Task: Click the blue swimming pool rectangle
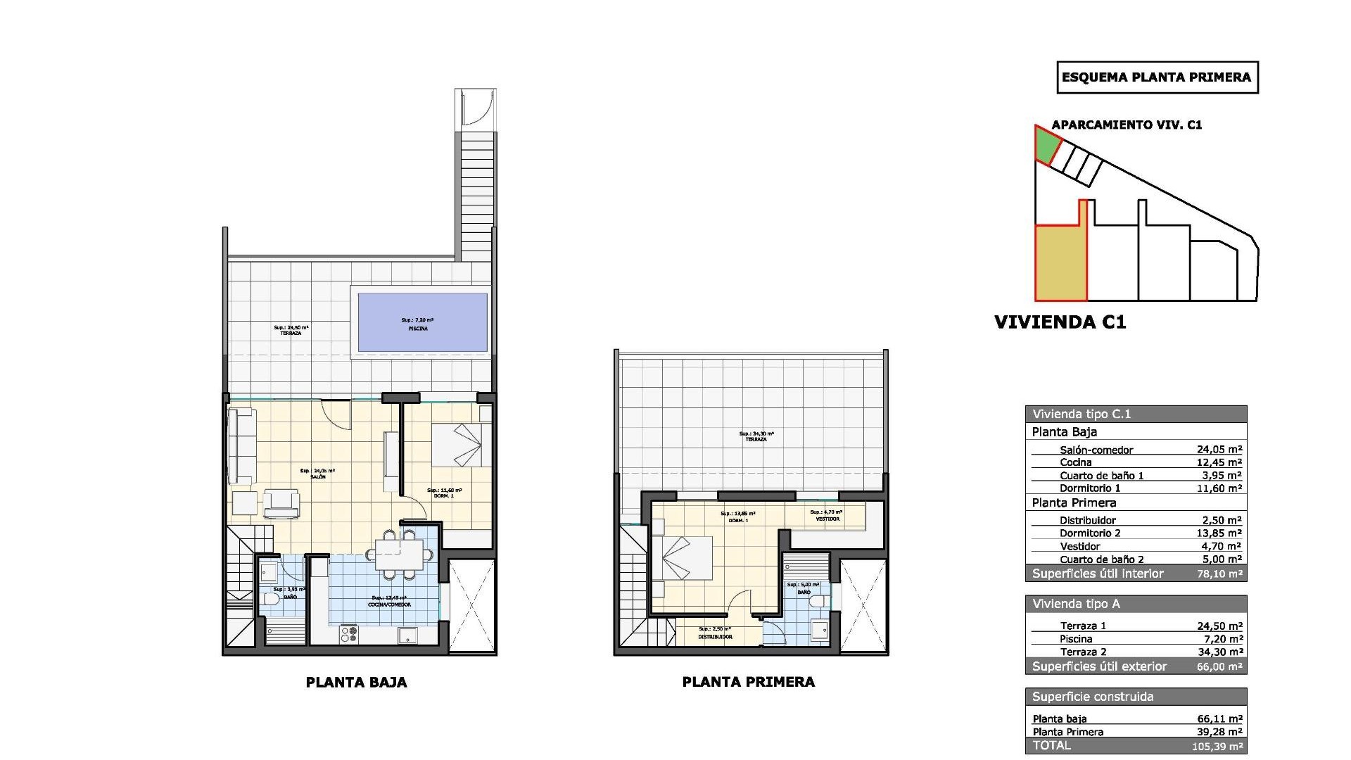point(422,322)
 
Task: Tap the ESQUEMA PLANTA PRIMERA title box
point(1157,78)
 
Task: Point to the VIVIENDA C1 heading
point(1060,322)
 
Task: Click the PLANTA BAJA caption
point(356,682)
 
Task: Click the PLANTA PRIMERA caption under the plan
point(748,682)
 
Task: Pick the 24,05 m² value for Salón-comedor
point(1219,450)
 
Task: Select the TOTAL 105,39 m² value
point(1219,745)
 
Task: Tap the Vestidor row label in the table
point(1079,546)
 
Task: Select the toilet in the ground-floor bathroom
point(269,600)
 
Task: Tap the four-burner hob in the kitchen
point(349,635)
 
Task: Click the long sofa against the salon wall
point(241,445)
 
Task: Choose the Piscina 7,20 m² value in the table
point(1219,639)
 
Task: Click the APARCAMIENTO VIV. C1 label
point(1127,125)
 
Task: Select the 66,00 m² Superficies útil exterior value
point(1219,666)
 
